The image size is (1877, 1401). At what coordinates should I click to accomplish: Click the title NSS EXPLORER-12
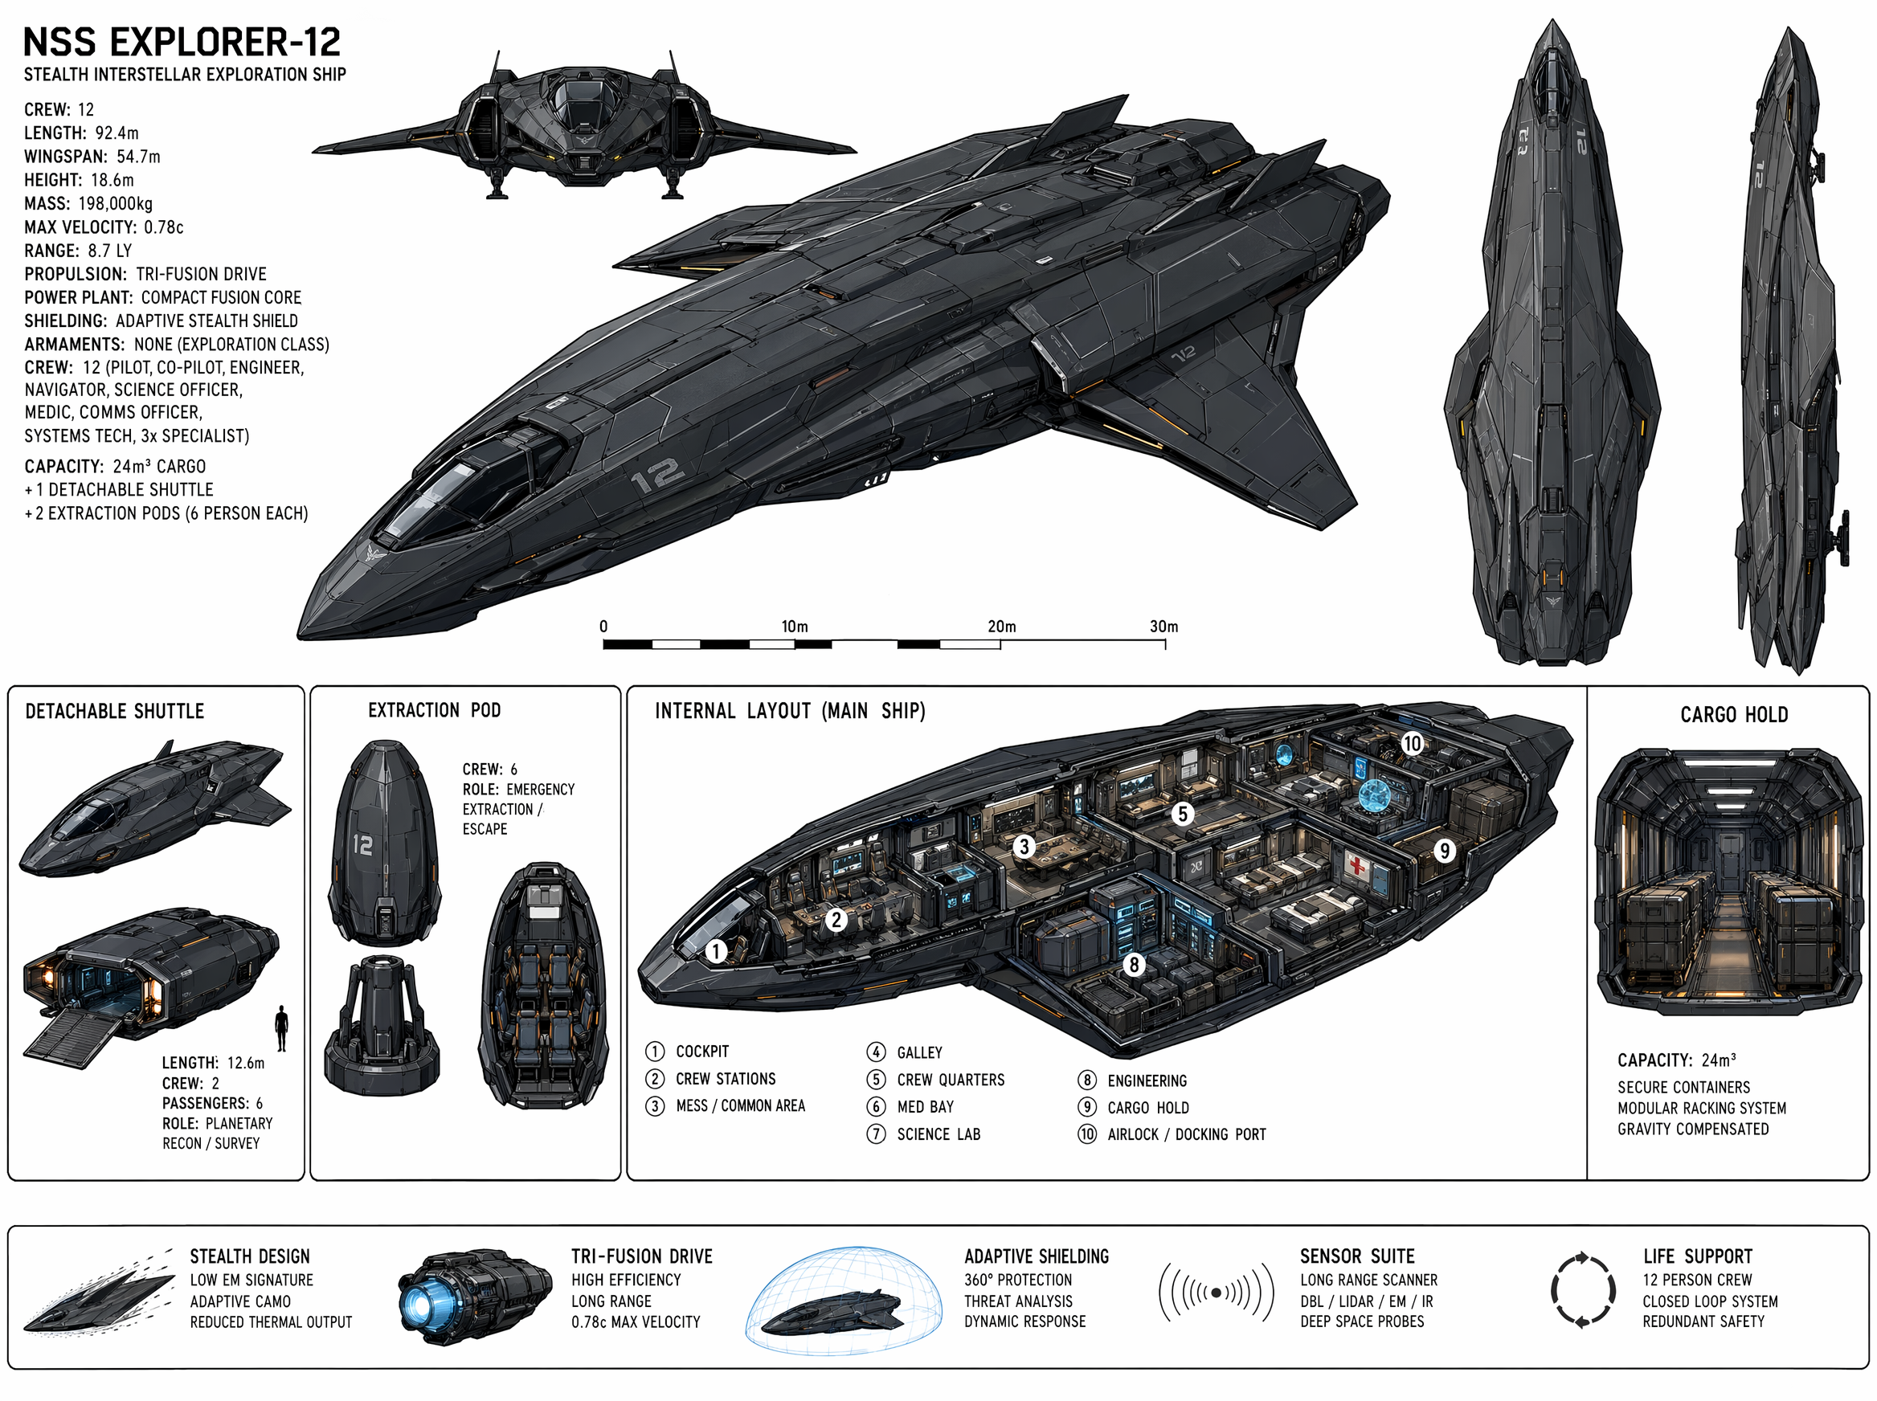pos(182,42)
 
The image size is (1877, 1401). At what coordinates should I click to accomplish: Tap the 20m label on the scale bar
pos(1001,627)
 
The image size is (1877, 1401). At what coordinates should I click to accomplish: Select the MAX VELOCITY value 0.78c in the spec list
pos(164,227)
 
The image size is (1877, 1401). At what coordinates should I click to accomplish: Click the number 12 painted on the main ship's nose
pos(657,476)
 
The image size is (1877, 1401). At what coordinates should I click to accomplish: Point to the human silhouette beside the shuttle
pos(281,1027)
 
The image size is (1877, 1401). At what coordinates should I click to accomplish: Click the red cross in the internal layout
pos(1358,866)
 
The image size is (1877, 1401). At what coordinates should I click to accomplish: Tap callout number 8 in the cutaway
pos(1134,964)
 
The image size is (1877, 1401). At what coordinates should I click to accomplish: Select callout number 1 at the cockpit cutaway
pos(716,950)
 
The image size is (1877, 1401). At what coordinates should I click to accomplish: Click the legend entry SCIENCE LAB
pos(938,1133)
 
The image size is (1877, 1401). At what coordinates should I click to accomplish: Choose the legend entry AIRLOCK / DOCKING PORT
pos(1186,1133)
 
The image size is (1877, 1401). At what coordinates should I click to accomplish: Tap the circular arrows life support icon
pos(1583,1291)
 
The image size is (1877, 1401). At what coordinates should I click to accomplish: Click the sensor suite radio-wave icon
pos(1217,1293)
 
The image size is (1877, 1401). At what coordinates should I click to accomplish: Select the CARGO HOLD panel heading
pos(1734,715)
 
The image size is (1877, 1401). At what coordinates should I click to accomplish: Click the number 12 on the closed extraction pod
pos(363,844)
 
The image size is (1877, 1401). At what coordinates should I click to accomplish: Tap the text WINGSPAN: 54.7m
pos(92,157)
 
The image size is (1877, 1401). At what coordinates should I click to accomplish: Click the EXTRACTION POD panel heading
pos(434,710)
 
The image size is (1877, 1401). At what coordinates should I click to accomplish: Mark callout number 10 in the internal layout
pos(1411,744)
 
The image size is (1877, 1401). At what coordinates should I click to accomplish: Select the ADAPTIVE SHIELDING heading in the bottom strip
pos(1036,1256)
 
